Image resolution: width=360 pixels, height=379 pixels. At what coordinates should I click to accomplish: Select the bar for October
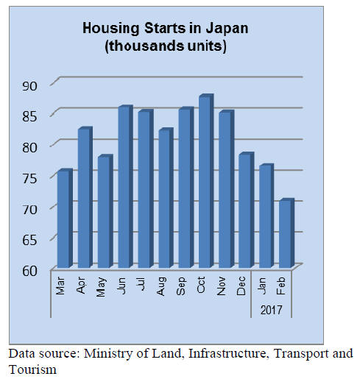(206, 181)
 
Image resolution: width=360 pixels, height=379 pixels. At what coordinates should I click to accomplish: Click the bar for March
(65, 219)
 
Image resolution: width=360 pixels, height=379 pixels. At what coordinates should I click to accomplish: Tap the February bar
(287, 233)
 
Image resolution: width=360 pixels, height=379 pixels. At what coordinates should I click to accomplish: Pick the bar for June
(126, 186)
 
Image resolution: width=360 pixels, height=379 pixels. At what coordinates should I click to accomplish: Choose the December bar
(247, 210)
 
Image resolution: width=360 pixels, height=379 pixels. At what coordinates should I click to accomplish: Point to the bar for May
(105, 211)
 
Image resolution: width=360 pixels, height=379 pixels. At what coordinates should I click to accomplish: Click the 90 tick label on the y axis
(29, 86)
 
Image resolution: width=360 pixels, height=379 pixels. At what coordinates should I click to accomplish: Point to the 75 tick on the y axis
(29, 178)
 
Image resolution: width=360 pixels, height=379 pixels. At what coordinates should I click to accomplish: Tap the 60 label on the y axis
(29, 271)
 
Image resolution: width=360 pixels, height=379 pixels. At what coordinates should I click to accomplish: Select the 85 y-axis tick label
(29, 117)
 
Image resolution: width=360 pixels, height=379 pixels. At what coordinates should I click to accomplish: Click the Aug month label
(161, 286)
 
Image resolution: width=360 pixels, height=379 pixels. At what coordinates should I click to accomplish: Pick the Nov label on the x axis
(222, 286)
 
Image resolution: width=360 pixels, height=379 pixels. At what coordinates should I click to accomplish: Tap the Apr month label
(81, 286)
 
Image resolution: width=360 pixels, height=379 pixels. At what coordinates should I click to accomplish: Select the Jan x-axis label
(262, 286)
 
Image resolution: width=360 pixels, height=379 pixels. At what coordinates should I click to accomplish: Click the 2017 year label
(272, 310)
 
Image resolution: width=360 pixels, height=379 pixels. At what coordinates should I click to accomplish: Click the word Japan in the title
(227, 29)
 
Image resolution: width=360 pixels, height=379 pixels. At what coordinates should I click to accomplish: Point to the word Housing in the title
(111, 29)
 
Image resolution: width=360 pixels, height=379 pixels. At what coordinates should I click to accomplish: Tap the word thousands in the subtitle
(147, 46)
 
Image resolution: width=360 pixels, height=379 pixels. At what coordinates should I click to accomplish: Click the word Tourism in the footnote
(32, 369)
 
